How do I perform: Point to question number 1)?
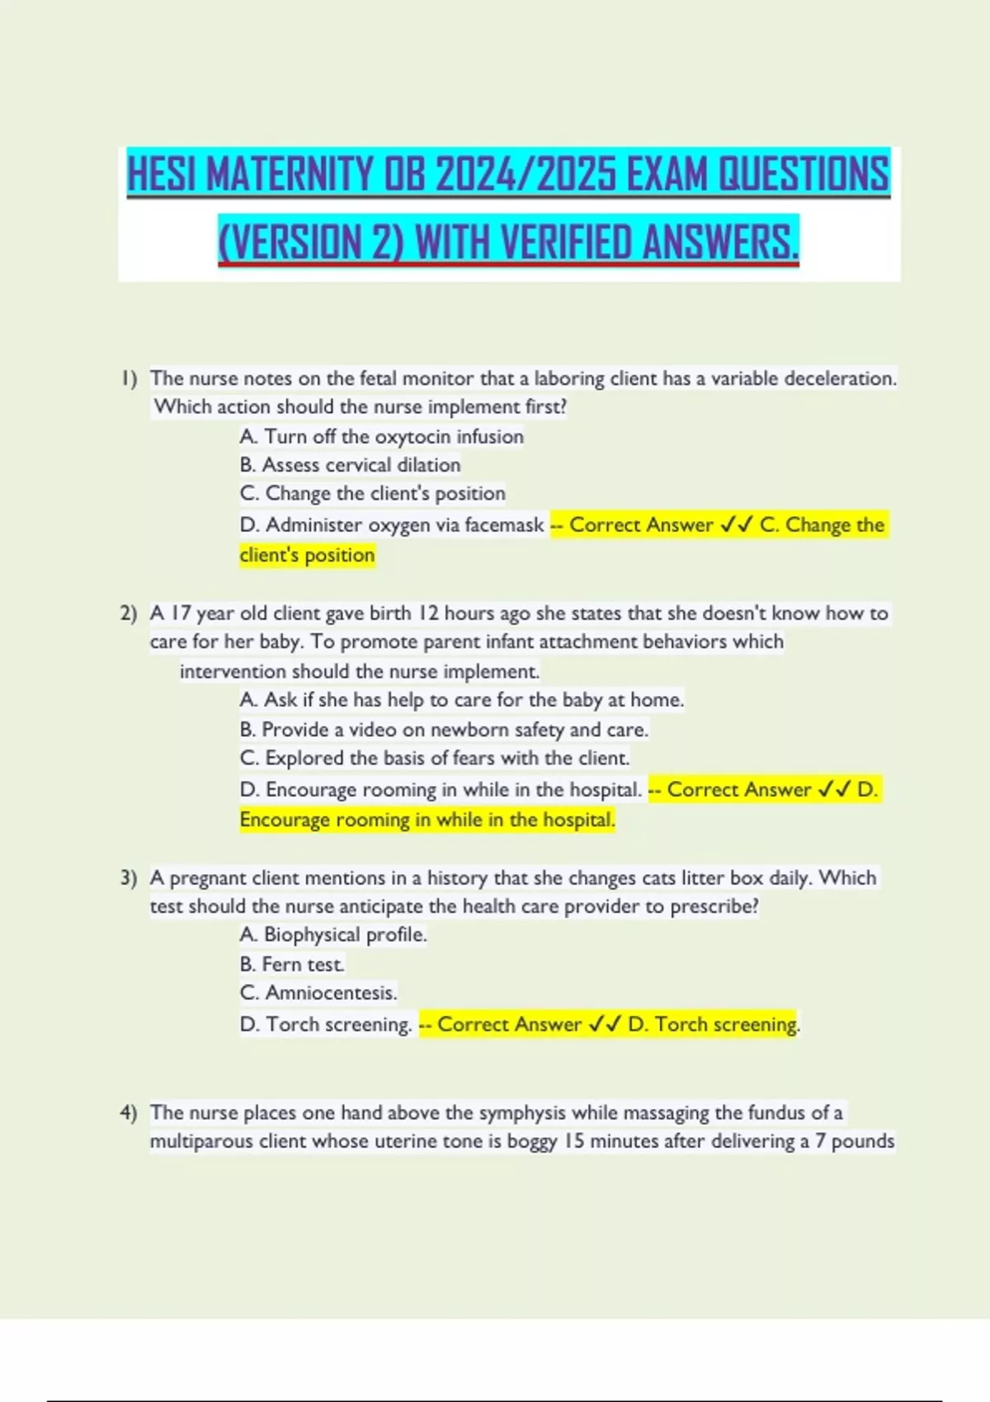129,379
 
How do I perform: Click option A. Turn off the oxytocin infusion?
381,436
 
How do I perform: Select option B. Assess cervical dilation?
350,465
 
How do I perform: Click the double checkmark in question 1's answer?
736,525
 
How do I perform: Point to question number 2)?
129,614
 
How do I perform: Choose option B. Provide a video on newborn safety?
444,730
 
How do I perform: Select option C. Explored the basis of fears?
434,758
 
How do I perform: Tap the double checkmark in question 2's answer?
834,790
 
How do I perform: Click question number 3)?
129,878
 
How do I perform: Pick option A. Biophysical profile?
333,935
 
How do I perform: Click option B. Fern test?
292,965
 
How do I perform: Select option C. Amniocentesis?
318,993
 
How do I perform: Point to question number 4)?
129,1113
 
